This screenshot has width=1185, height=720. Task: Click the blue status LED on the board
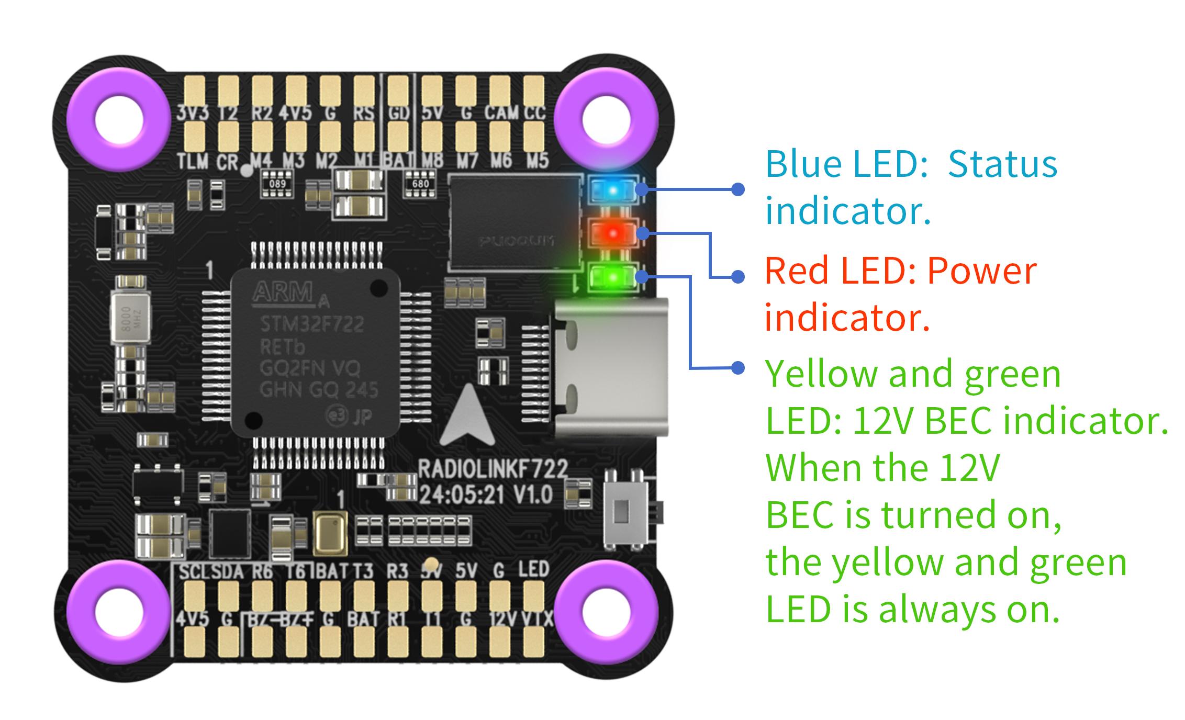[x=612, y=189]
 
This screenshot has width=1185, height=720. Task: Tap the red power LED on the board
[x=612, y=232]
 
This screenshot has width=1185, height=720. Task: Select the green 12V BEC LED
[x=612, y=276]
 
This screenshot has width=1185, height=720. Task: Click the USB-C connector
[x=611, y=368]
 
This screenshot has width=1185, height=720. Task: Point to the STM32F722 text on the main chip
[x=312, y=325]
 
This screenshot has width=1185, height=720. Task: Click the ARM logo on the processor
[x=283, y=292]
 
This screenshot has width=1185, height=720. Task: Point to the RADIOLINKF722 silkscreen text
[x=493, y=469]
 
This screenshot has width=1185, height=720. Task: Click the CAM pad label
[x=501, y=113]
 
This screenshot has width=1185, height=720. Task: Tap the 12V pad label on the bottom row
[x=502, y=620]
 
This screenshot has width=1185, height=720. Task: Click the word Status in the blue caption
[x=1002, y=164]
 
